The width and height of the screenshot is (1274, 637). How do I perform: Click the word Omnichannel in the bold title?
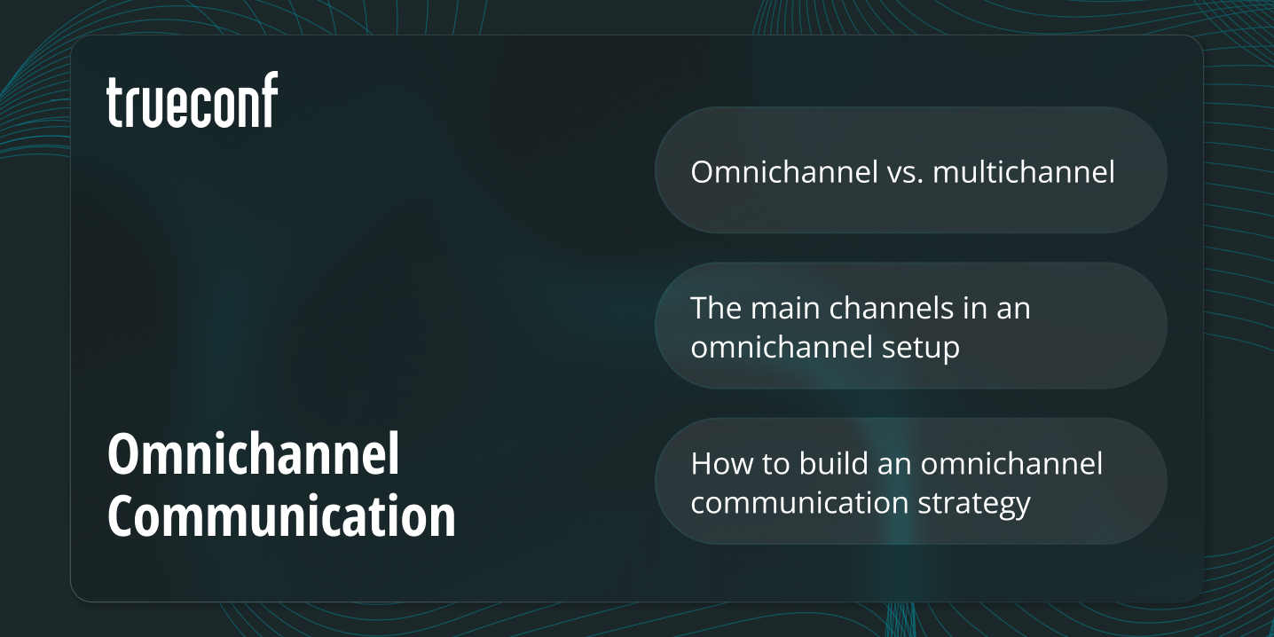254,456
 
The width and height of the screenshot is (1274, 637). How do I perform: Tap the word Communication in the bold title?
281,516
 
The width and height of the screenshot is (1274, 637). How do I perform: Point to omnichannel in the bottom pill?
1012,463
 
